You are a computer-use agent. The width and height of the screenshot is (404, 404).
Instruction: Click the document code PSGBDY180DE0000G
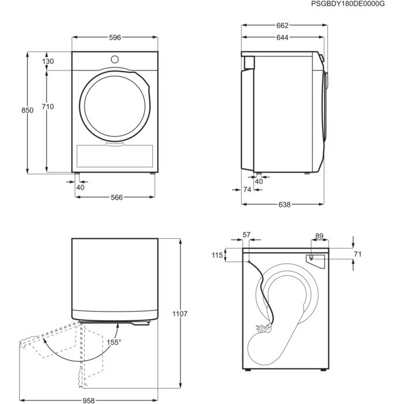coord(355,4)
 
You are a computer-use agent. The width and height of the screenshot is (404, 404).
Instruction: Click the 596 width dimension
coord(114,38)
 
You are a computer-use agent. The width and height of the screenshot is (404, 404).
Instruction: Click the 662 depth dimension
coord(282,25)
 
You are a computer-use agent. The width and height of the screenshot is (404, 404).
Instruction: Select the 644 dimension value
coord(282,38)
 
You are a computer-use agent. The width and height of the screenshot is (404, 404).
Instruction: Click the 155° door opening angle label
coord(113,342)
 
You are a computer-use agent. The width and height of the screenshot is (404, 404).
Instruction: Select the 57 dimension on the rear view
coord(247,234)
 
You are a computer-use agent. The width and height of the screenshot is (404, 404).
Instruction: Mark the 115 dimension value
coord(216,255)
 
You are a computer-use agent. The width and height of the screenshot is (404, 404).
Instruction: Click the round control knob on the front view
coord(114,59)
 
